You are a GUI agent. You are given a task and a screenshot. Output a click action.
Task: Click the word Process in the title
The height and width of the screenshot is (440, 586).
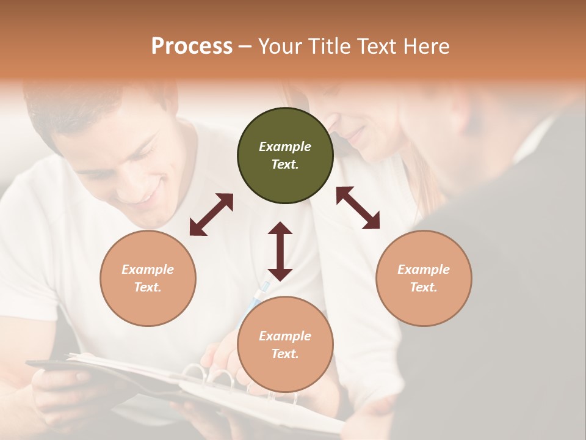point(192,46)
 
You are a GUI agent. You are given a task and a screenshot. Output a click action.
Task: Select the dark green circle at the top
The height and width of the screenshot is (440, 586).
point(285,156)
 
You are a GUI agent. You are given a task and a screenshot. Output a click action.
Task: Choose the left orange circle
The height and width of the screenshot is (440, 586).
point(148,279)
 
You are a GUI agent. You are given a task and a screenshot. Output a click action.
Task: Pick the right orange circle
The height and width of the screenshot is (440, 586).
point(424,279)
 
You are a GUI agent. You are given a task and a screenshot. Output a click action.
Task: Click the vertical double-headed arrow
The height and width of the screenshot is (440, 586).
point(280,251)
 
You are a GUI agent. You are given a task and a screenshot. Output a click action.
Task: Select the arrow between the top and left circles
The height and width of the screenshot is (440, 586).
point(211,214)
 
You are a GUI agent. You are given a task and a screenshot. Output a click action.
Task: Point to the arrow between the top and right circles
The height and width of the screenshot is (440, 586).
point(358,208)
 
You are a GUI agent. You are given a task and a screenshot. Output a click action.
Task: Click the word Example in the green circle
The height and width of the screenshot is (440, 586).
point(285,147)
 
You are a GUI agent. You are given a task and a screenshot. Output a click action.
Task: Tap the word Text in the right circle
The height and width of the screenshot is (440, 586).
point(424,287)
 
